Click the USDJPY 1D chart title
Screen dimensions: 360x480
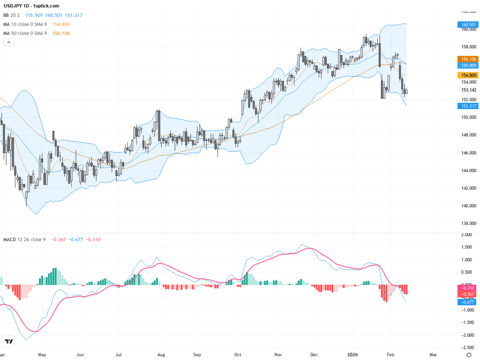[x=31, y=6]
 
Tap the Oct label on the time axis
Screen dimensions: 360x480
[x=238, y=355]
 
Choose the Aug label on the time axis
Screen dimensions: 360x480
[x=161, y=355]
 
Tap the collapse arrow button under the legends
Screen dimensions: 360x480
[x=8, y=42]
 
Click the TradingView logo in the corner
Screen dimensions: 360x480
[x=8, y=341]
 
